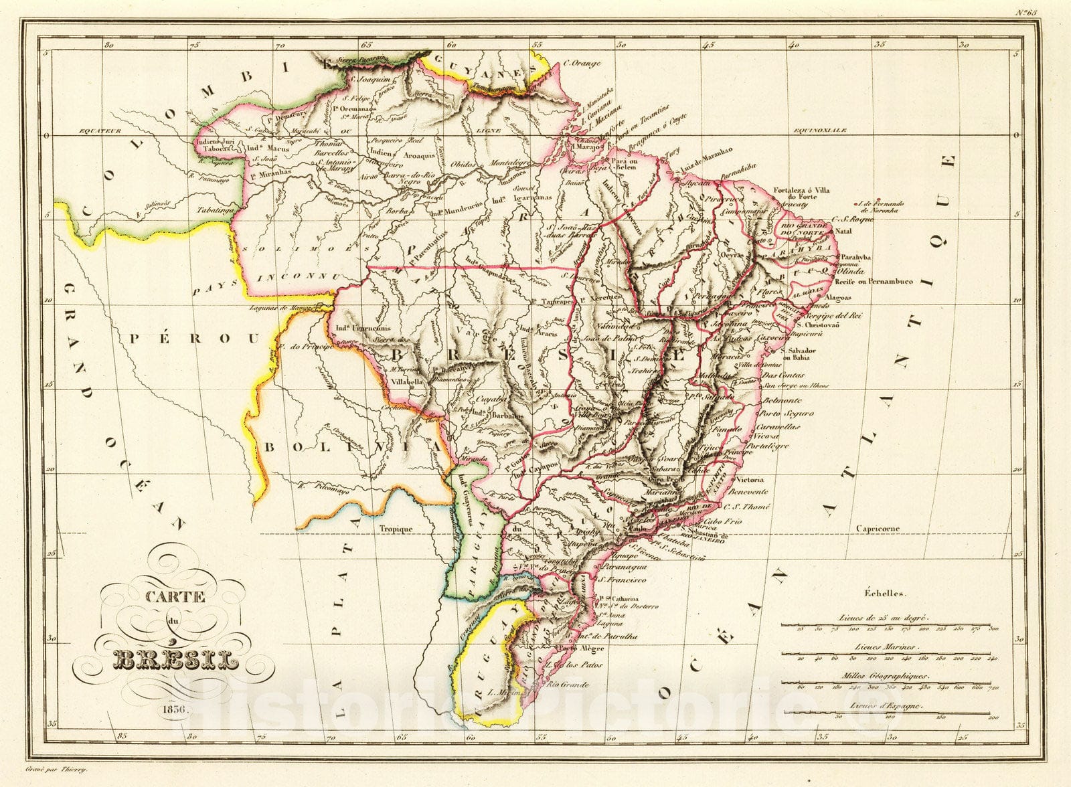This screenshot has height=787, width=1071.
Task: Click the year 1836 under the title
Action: point(175,708)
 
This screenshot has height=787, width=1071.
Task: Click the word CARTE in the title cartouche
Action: point(176,598)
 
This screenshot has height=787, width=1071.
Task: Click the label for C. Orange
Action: point(581,64)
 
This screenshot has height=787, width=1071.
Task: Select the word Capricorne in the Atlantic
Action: point(878,529)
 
